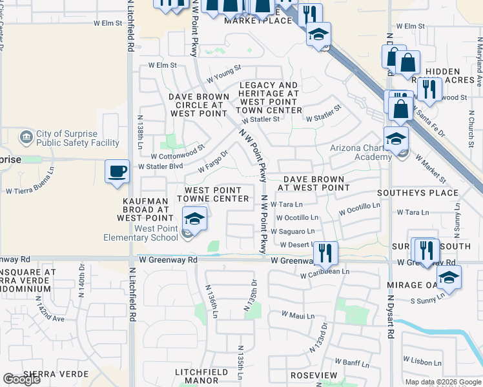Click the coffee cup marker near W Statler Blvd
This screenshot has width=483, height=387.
pyautogui.click(x=116, y=172)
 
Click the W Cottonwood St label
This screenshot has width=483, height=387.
pyautogui.click(x=178, y=153)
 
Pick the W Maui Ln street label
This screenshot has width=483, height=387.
pyautogui.click(x=298, y=315)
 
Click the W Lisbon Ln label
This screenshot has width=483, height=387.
pyautogui.click(x=422, y=358)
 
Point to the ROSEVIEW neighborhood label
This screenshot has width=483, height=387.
pyautogui.click(x=314, y=375)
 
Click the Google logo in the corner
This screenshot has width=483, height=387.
pyautogui.click(x=21, y=379)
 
